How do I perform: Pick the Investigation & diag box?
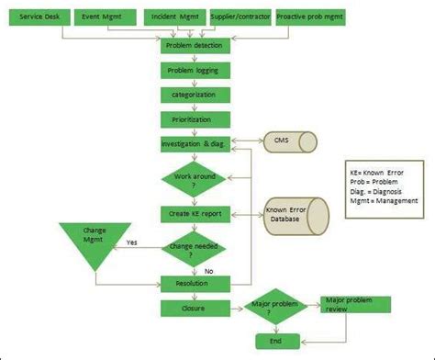[x=193, y=144]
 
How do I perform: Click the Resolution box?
[x=193, y=284]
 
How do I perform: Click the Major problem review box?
[x=353, y=304]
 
